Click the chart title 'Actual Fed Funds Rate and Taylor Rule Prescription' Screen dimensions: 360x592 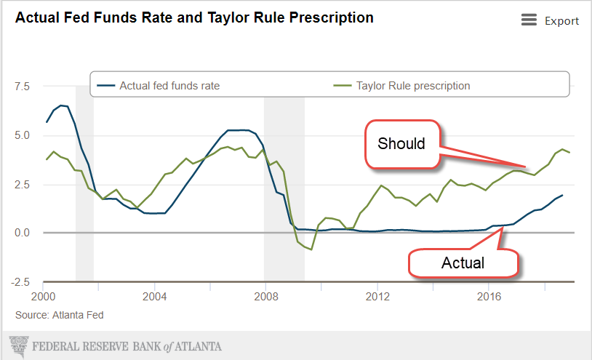pos(195,17)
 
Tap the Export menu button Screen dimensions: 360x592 pos(550,20)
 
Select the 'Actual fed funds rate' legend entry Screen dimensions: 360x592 pos(169,86)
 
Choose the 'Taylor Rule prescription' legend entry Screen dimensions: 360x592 pos(412,86)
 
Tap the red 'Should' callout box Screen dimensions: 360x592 pos(401,143)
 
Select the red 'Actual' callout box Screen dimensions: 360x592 pos(463,263)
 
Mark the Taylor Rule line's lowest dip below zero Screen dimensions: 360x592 pos(311,249)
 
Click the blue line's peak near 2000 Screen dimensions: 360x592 pos(62,105)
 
